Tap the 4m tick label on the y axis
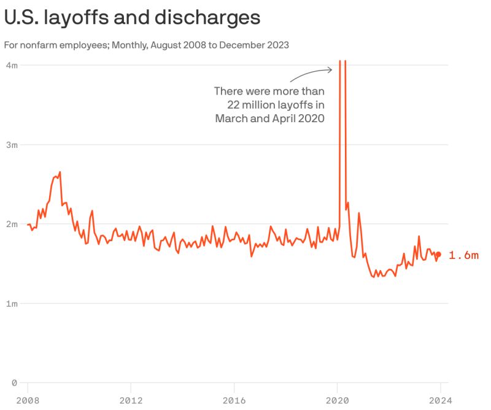(x=11, y=65)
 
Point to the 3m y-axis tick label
(x=11, y=145)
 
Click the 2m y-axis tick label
(x=11, y=224)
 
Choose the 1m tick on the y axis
(x=11, y=304)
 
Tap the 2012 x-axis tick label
(x=131, y=400)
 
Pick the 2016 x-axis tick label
(x=234, y=400)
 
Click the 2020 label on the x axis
(x=337, y=400)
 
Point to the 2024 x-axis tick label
(x=440, y=400)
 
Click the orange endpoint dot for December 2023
(x=438, y=254)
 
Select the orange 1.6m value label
(x=463, y=255)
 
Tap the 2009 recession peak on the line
(x=60, y=172)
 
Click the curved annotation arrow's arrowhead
(x=331, y=69)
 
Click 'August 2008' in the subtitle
(x=171, y=45)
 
